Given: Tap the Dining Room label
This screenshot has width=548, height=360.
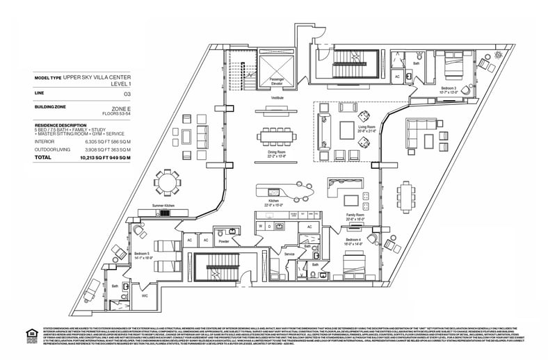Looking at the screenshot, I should click(276, 156).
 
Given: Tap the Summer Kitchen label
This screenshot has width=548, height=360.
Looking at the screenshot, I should click(165, 206).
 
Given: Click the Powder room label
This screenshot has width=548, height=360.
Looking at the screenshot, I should click(225, 242).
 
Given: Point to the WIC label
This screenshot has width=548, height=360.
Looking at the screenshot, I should click(145, 295).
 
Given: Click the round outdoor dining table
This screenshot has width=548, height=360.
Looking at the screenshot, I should click(167, 183).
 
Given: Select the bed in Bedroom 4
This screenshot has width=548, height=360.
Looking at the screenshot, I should click(356, 265).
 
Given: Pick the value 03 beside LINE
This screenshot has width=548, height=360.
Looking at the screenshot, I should click(127, 92).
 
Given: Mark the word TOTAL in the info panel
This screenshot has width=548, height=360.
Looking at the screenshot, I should click(44, 157).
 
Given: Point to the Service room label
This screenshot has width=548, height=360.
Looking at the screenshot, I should click(289, 254).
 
